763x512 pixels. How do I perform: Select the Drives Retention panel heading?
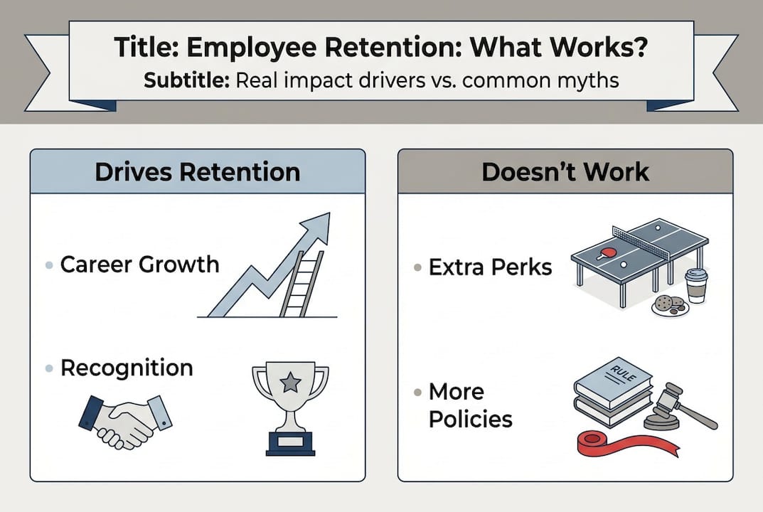198,172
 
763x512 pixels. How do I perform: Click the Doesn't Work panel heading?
565,172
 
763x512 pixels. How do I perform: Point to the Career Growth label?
139,265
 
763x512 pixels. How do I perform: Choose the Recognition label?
127,368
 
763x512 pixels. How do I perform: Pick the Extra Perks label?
491,267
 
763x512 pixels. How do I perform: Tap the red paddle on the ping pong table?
604,254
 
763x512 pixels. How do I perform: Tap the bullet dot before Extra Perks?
417,268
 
